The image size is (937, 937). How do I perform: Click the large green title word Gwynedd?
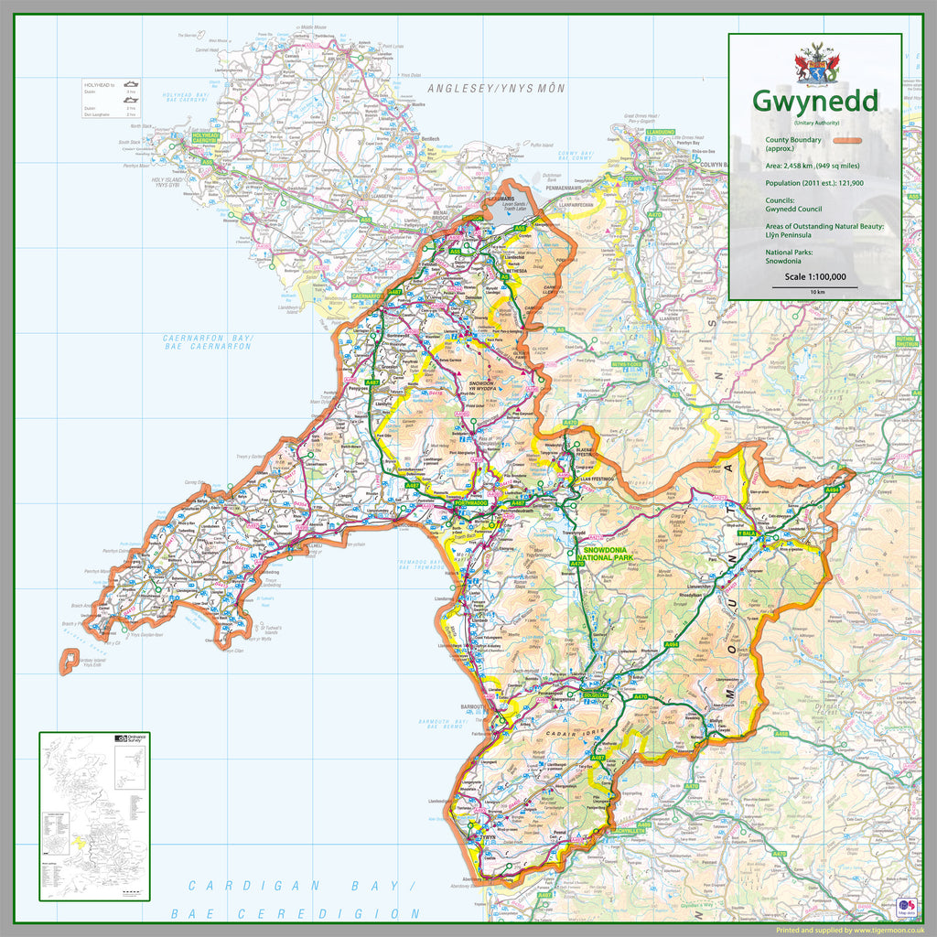click(814, 101)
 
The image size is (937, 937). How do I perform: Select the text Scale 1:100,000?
click(814, 276)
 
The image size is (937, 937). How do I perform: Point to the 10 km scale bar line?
click(814, 286)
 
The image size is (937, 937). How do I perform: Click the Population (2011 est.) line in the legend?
click(814, 183)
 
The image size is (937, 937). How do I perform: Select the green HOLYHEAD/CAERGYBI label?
click(205, 137)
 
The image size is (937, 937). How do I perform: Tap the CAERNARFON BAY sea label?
click(208, 342)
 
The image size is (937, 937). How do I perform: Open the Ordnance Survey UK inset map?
click(93, 816)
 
